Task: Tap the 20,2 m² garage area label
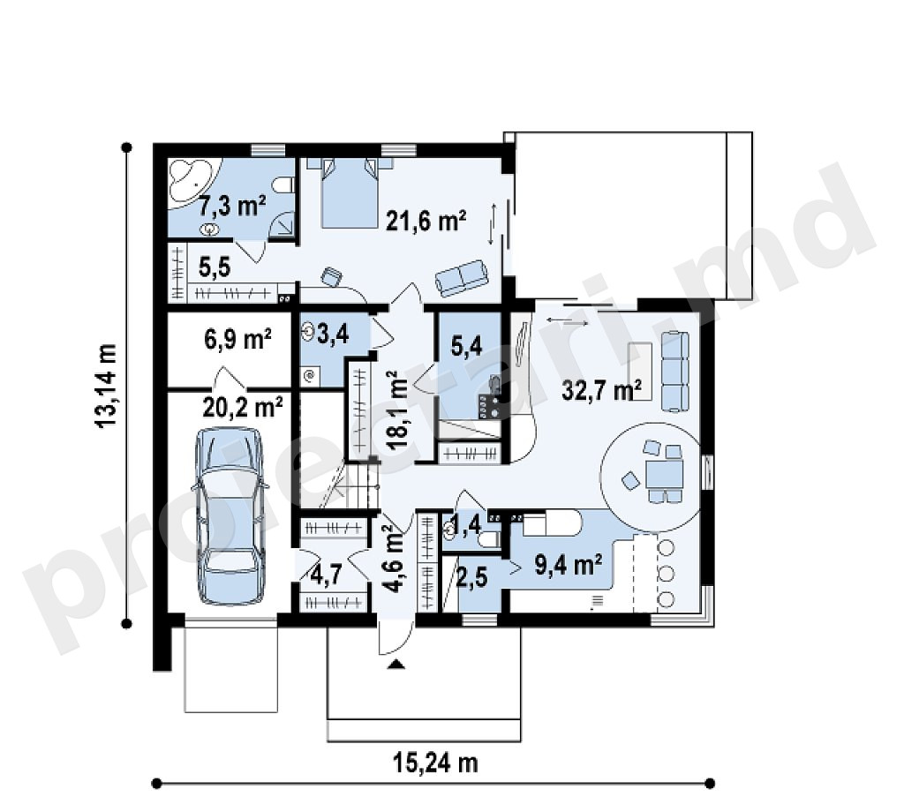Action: click(243, 406)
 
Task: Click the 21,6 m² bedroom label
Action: click(426, 220)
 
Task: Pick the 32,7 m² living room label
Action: click(602, 390)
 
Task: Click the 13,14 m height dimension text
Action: click(106, 386)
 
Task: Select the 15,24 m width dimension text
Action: click(436, 763)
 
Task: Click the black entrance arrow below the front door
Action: click(396, 665)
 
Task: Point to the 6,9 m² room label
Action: click(237, 339)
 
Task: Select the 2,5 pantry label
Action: click(471, 578)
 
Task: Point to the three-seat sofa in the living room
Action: click(674, 371)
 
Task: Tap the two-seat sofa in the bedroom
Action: click(461, 278)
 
